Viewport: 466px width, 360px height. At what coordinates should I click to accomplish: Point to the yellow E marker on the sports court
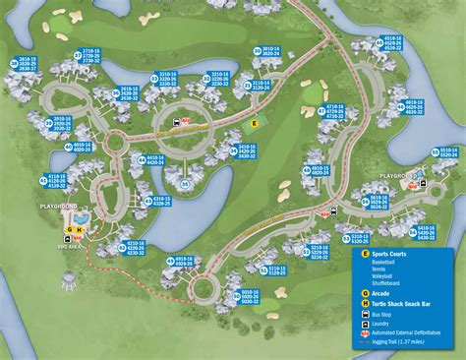tap(254, 124)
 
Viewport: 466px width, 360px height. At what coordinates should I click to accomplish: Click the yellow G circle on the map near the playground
tap(42, 230)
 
